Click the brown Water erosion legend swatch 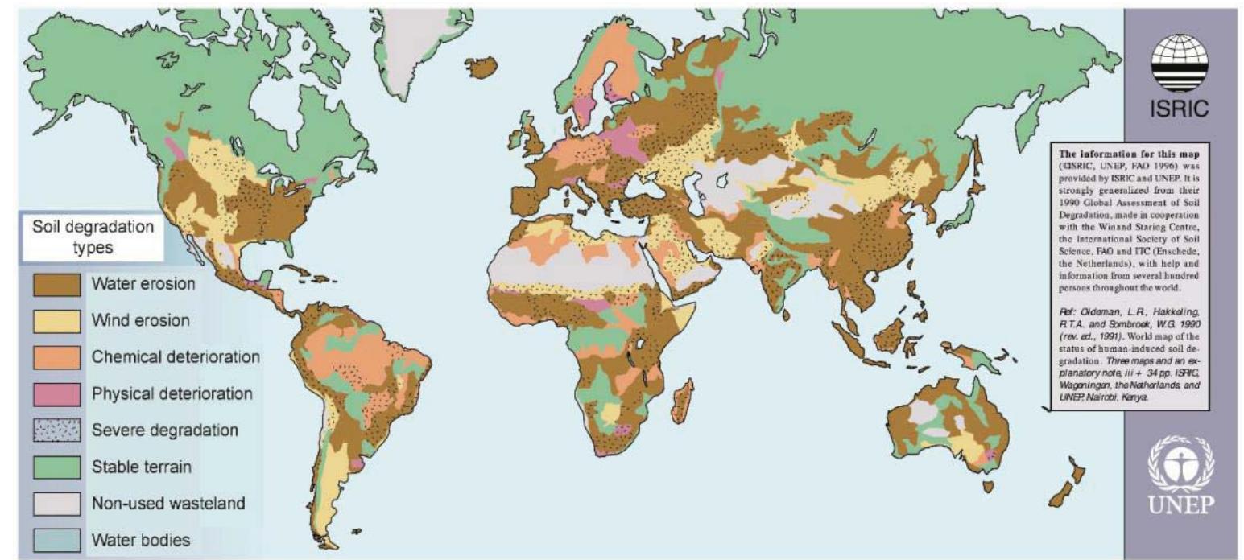coord(56,285)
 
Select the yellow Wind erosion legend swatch coord(56,321)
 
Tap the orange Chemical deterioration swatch coord(56,357)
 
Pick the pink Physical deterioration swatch coord(56,394)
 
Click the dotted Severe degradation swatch coord(56,430)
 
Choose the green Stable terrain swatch coord(56,467)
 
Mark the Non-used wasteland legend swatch coord(56,504)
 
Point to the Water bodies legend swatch coord(56,539)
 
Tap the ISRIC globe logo coord(1178,63)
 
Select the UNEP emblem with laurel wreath coord(1180,461)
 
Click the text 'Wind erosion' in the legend coord(141,321)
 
